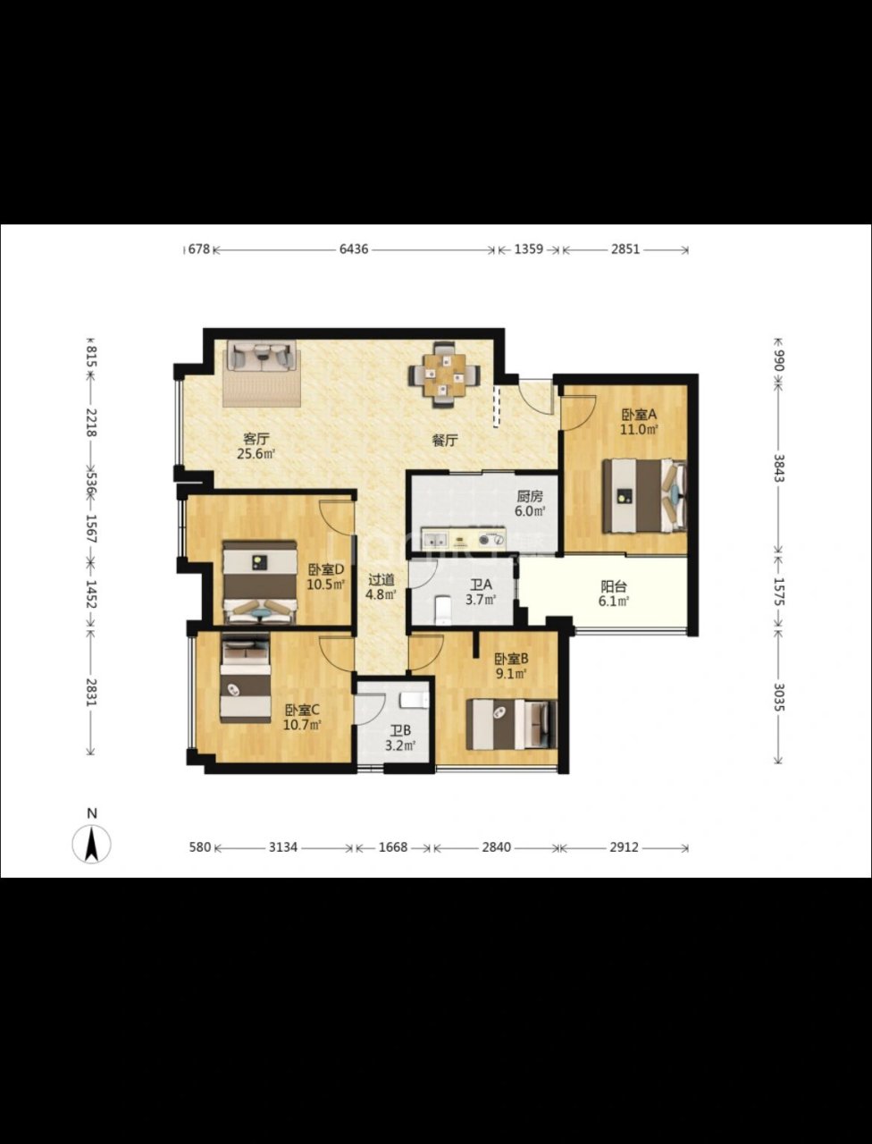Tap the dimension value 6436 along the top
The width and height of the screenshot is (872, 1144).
tap(354, 249)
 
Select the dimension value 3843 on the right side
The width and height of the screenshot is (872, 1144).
tap(777, 468)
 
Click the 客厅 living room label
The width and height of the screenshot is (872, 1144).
tap(256, 438)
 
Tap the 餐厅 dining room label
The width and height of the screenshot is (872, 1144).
tap(445, 441)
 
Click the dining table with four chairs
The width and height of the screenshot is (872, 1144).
tap(444, 374)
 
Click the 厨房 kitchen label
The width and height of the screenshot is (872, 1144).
tap(530, 496)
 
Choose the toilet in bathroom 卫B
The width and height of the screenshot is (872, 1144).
tap(415, 700)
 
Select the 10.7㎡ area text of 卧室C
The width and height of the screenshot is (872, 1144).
tap(302, 725)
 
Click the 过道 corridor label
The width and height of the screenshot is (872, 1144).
tap(381, 579)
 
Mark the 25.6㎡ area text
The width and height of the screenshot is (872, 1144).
tap(256, 453)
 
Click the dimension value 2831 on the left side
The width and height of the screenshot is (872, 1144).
tap(92, 692)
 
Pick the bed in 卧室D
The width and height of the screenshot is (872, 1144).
tap(259, 582)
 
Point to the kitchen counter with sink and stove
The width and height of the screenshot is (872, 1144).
tap(464, 540)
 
